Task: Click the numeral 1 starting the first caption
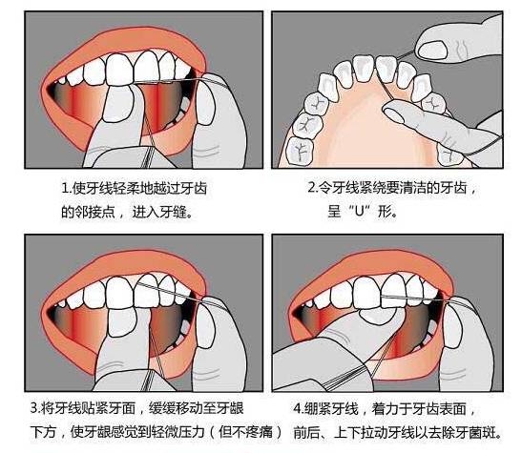(x=65, y=188)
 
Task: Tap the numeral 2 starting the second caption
(x=312, y=188)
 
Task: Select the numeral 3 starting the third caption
(x=34, y=408)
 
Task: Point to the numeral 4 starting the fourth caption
(x=298, y=408)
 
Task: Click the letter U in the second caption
(x=360, y=211)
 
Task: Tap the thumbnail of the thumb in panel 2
(x=432, y=51)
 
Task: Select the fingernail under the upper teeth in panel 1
(x=118, y=103)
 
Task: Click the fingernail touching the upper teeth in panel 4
(x=378, y=316)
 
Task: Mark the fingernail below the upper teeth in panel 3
(x=122, y=322)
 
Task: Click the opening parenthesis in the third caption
(x=213, y=432)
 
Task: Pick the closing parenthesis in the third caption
(x=279, y=432)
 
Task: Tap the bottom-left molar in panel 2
(x=300, y=151)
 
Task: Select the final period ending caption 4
(x=498, y=436)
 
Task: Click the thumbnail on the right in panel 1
(x=205, y=103)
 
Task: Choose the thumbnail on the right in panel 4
(x=453, y=326)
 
